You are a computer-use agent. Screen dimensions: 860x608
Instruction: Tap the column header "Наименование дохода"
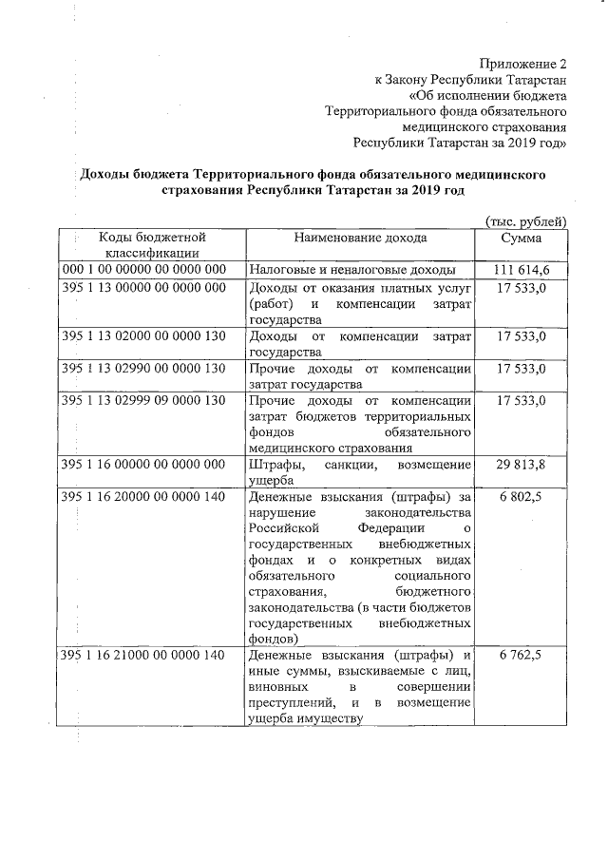coord(360,238)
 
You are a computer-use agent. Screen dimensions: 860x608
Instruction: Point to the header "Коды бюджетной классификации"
coord(152,245)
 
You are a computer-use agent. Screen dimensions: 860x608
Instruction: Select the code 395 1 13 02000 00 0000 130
coord(143,336)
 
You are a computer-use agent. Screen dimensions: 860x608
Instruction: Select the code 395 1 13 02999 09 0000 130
coord(143,401)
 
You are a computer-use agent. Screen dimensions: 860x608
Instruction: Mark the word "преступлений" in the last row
coord(290,702)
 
